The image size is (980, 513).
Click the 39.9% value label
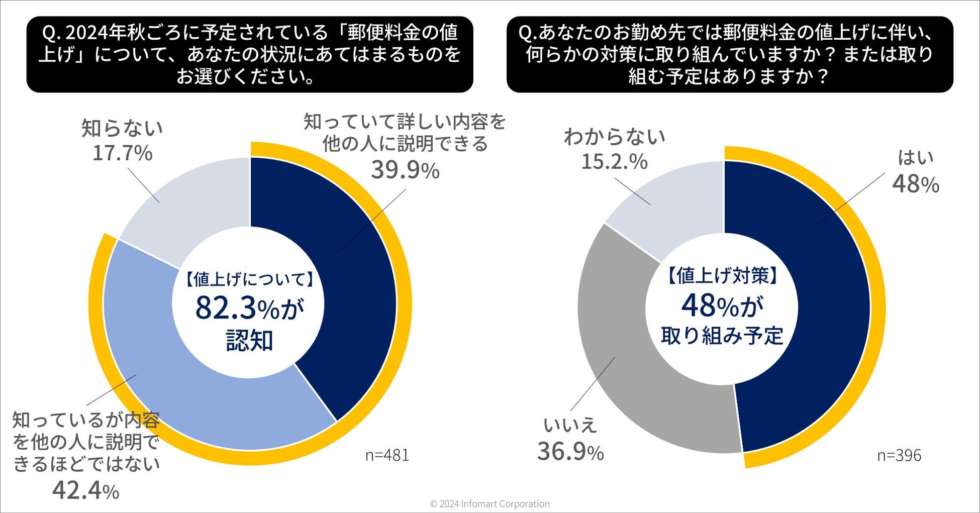pos(405,170)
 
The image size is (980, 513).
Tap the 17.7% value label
pos(122,153)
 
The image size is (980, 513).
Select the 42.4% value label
pos(85,490)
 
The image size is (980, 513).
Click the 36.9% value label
pos(570,451)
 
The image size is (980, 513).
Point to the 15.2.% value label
pos(614,161)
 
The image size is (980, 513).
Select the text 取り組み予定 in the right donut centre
pos(722,336)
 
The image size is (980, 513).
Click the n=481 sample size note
pos(387,455)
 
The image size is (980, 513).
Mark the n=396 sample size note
pos(899,455)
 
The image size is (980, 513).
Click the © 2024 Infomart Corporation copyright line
pos(490,504)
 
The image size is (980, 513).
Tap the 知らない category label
pos(122,128)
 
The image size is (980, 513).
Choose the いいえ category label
pos(570,426)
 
